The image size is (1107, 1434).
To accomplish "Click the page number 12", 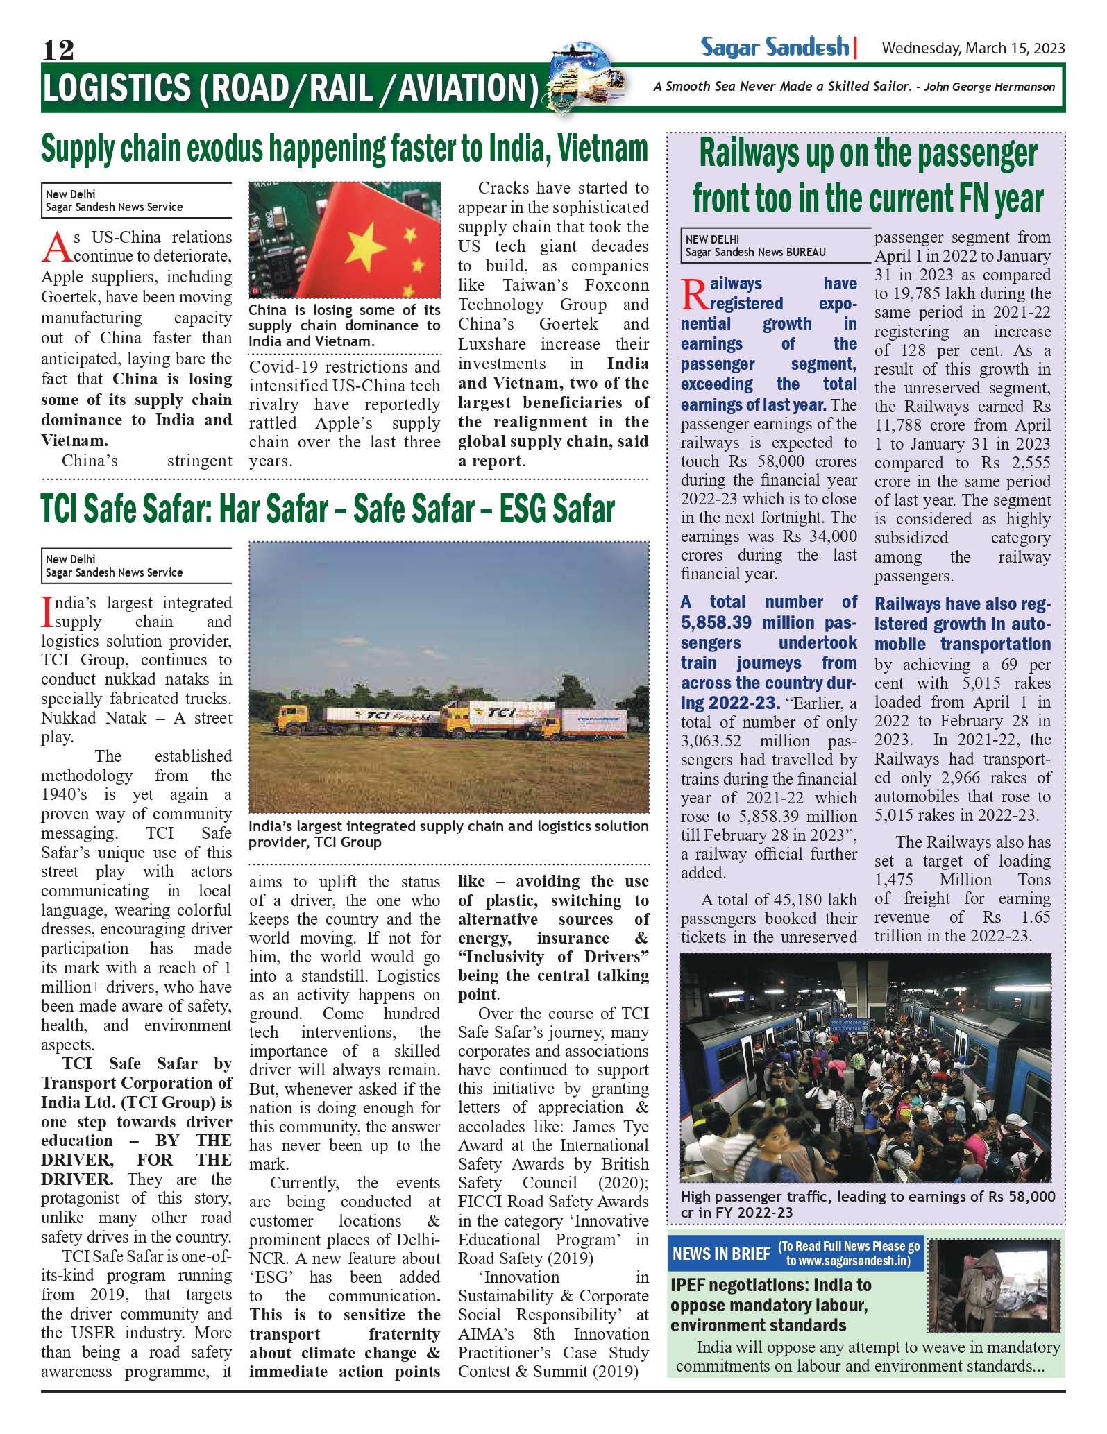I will click(58, 49).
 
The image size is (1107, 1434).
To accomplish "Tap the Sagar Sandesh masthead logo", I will click(775, 47).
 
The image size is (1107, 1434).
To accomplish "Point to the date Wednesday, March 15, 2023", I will click(973, 48).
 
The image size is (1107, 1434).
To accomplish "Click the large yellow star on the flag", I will click(365, 246).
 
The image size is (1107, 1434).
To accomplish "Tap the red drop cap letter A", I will click(56, 248).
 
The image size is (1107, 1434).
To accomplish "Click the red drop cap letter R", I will click(694, 294).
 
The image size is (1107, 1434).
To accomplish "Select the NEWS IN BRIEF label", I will click(721, 1254).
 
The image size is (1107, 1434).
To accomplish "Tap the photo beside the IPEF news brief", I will click(993, 1285).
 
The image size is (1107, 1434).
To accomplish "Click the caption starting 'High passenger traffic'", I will click(868, 1204).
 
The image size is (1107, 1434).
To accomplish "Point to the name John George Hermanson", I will click(989, 87).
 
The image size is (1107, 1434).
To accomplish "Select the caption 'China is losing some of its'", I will click(344, 310).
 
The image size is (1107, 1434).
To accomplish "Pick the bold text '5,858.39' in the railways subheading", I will click(716, 622).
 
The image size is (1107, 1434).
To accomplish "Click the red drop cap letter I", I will click(47, 611).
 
